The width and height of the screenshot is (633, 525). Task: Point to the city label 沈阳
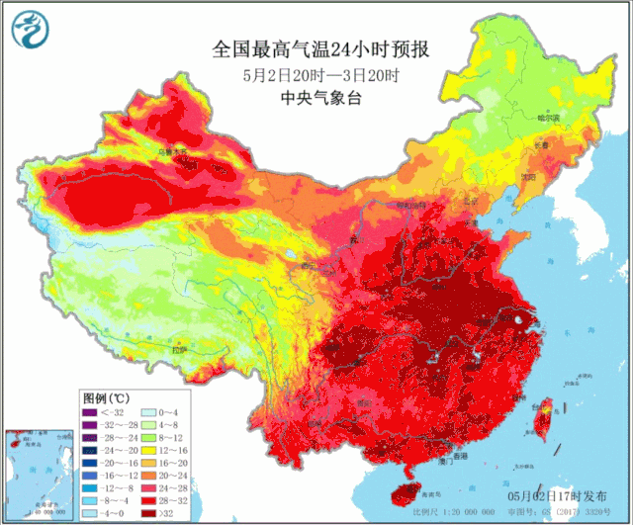point(527,178)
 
